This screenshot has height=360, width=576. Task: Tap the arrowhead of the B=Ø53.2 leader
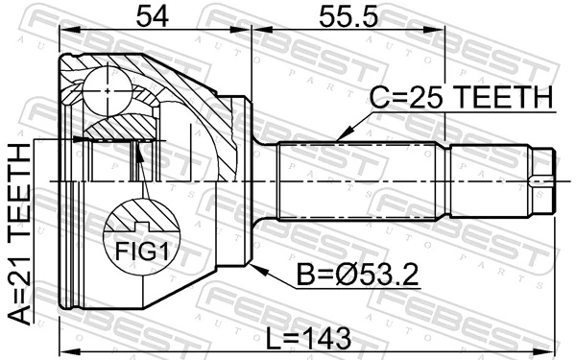point(252,263)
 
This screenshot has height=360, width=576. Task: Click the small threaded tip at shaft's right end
point(542,180)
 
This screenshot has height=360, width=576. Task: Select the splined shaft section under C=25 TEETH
point(360,180)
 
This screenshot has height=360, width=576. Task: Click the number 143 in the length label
point(326,337)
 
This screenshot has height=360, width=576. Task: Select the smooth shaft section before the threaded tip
point(490,180)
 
